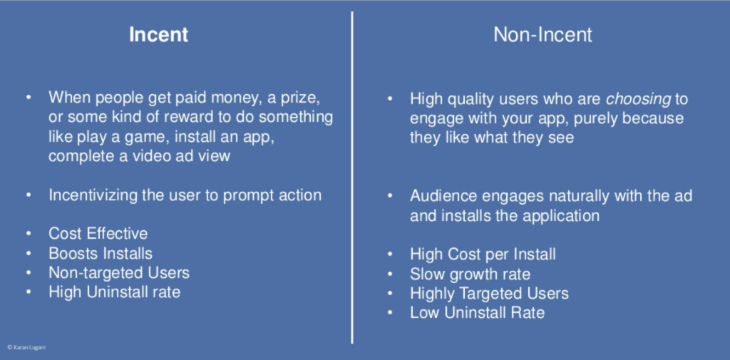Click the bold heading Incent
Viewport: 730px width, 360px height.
[x=158, y=35]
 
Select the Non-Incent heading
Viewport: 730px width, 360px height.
[x=543, y=35]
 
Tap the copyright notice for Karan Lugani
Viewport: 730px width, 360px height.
[x=26, y=347]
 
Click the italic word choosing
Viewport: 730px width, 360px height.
[x=638, y=98]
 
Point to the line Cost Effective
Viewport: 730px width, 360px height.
[x=98, y=233]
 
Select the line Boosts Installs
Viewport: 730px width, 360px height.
[x=100, y=253]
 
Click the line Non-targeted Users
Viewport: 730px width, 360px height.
[x=119, y=272]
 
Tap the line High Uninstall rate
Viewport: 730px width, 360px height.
[x=114, y=292]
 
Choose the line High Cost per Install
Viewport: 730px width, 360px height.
[x=483, y=254]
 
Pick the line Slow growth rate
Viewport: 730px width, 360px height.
[x=470, y=274]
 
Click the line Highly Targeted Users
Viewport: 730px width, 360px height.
[x=489, y=294]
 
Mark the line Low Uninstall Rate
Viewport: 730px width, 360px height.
[x=477, y=312]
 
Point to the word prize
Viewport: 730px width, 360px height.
[x=302, y=98]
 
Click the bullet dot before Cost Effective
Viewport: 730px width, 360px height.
[x=29, y=233]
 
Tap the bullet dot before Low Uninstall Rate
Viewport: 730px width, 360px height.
[x=390, y=312]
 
